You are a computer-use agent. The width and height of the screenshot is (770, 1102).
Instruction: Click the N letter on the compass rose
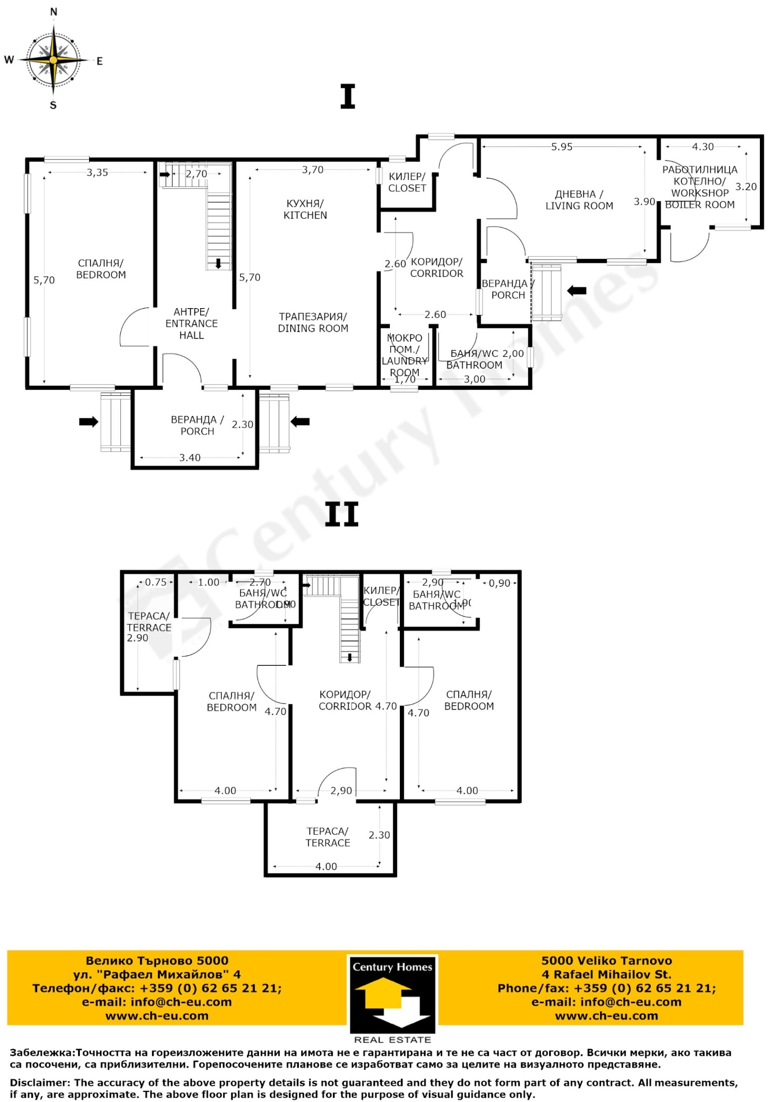[x=53, y=12]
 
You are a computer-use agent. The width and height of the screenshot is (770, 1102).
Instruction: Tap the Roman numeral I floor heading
[x=347, y=96]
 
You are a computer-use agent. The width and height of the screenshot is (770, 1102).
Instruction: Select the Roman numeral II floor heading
[x=342, y=515]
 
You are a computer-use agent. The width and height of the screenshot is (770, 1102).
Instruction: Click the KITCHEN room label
[x=305, y=209]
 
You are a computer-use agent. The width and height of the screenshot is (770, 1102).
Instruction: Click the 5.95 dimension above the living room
[x=562, y=147]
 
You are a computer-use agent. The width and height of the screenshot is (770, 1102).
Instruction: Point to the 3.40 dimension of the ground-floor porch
[x=190, y=458]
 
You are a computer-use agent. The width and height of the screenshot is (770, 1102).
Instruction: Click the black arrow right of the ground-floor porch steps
[x=300, y=422]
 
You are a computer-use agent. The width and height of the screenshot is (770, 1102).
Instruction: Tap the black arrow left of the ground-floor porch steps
[x=89, y=422]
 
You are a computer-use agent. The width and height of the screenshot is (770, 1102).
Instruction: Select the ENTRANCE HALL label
[x=192, y=324]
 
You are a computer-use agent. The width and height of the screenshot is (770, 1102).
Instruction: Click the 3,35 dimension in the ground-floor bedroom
[x=97, y=172]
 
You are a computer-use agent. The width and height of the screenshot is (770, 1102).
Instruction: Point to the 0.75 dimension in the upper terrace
[x=155, y=582]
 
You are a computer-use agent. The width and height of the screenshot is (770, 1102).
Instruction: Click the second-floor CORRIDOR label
[x=345, y=700]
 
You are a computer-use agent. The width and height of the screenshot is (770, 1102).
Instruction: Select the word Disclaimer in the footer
[x=39, y=1083]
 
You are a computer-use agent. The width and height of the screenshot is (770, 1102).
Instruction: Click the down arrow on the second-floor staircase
[x=350, y=658]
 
